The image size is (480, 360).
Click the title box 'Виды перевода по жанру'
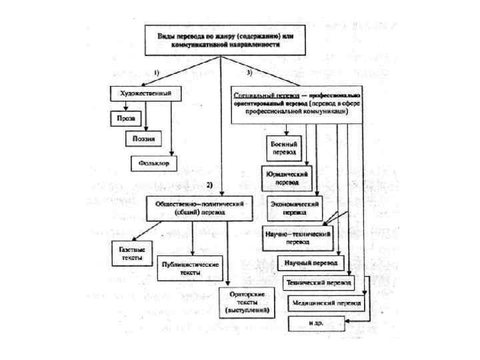(x=219, y=39)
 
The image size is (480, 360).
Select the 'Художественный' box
(x=141, y=93)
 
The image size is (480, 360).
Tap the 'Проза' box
(x=124, y=118)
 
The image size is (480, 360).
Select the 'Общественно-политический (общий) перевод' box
(x=199, y=209)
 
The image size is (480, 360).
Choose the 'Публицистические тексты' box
(x=191, y=268)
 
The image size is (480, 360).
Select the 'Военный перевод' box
(x=284, y=147)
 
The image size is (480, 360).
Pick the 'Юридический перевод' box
(x=285, y=177)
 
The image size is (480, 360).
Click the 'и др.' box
(x=317, y=323)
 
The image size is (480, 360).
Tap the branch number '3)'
(x=249, y=71)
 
